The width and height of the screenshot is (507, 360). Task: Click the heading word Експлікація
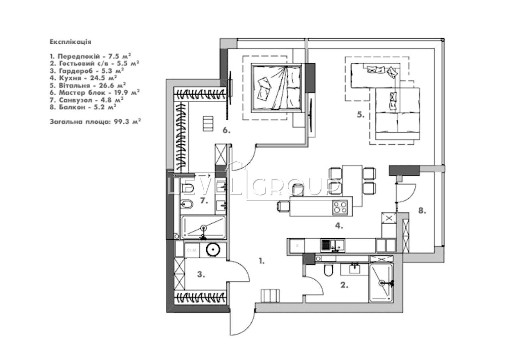(x=70, y=42)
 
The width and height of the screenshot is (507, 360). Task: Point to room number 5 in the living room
(x=361, y=115)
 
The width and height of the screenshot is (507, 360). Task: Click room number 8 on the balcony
(x=422, y=210)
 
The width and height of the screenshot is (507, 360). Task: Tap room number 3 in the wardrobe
(x=201, y=275)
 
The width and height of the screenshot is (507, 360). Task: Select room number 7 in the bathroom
(x=204, y=201)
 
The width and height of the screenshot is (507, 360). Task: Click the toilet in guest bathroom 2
(x=328, y=270)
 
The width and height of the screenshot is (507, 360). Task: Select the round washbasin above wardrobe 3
(x=212, y=250)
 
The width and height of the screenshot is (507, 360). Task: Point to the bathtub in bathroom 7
(x=203, y=227)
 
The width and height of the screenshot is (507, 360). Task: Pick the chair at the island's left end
(x=283, y=206)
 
